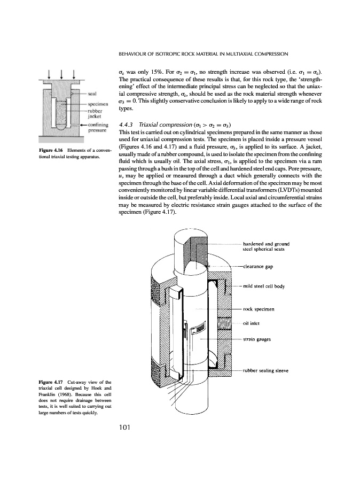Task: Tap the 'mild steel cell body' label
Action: tap(264, 286)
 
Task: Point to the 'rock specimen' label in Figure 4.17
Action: tap(259, 309)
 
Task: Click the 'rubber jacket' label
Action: tap(95, 115)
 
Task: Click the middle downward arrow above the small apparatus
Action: tap(61, 74)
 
